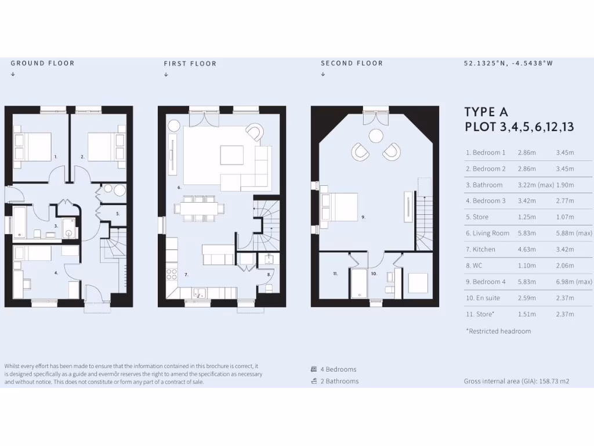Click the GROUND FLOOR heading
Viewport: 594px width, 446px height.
point(42,63)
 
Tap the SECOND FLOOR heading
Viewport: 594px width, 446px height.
point(352,63)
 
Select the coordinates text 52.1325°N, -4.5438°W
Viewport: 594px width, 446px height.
point(508,63)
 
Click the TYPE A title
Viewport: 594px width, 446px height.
point(487,112)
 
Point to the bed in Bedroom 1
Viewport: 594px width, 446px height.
point(33,146)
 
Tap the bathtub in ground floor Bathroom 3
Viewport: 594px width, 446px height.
point(19,222)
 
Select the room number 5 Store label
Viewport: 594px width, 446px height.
point(118,214)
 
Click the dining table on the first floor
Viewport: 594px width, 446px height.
point(199,208)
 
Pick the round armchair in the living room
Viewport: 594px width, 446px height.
point(253,132)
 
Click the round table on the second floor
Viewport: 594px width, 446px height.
point(375,136)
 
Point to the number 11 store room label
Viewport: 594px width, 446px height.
point(335,273)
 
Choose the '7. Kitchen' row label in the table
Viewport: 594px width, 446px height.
point(480,249)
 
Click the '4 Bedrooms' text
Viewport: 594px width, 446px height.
point(338,369)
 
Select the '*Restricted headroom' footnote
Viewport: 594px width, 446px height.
point(498,331)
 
